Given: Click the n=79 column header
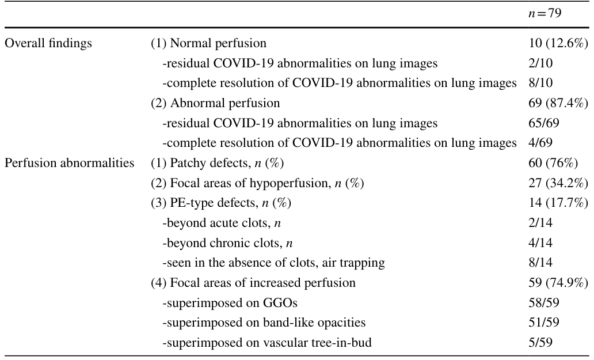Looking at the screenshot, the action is pyautogui.click(x=544, y=13).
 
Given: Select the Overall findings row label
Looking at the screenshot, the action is pyautogui.click(x=48, y=43).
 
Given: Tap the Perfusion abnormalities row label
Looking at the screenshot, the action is pyautogui.click(x=69, y=163).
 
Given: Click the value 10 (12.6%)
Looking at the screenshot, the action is pyautogui.click(x=558, y=43).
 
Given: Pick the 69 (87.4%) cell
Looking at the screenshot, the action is pyautogui.click(x=558, y=103).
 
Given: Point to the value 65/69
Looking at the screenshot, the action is pyautogui.click(x=544, y=123).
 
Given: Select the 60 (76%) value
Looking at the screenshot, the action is pyautogui.click(x=554, y=163).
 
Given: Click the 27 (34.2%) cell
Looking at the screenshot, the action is pyautogui.click(x=558, y=183).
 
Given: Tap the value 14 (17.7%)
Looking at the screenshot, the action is pyautogui.click(x=558, y=203).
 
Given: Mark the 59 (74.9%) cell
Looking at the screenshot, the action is pyautogui.click(x=558, y=283).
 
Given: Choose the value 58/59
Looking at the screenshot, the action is pyautogui.click(x=544, y=303).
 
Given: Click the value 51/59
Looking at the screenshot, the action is pyautogui.click(x=544, y=323).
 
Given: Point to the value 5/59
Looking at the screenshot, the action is pyautogui.click(x=540, y=343).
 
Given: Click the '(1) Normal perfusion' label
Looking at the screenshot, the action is pyautogui.click(x=209, y=43).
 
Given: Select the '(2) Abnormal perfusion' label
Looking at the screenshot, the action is pyautogui.click(x=215, y=103).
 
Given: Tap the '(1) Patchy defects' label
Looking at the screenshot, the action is pyautogui.click(x=200, y=163).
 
